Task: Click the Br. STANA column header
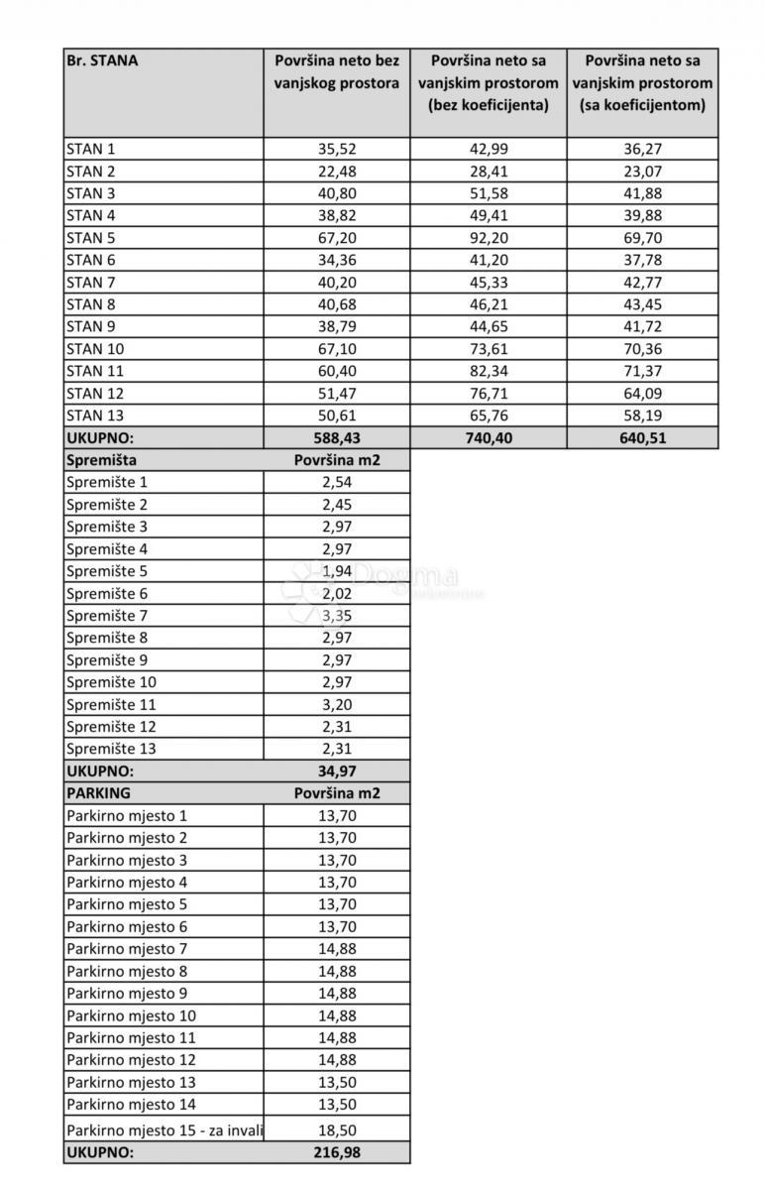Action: [x=102, y=60]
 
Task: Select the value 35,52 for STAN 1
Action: [x=337, y=150]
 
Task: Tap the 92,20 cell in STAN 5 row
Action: [x=489, y=238]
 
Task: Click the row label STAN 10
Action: [x=97, y=349]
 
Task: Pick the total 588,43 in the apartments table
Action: [x=337, y=438]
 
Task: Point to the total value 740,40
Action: [x=489, y=438]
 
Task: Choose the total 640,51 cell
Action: [x=643, y=438]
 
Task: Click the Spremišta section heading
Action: [x=101, y=460]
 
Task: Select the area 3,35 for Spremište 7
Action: [x=337, y=616]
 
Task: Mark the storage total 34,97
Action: [x=337, y=772]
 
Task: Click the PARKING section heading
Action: [x=98, y=793]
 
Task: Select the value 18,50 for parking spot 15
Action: [x=337, y=1130]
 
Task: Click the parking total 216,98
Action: [x=337, y=1152]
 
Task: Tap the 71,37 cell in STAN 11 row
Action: [x=643, y=371]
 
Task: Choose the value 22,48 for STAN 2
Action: [x=337, y=172]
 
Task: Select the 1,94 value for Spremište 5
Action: [x=337, y=571]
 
